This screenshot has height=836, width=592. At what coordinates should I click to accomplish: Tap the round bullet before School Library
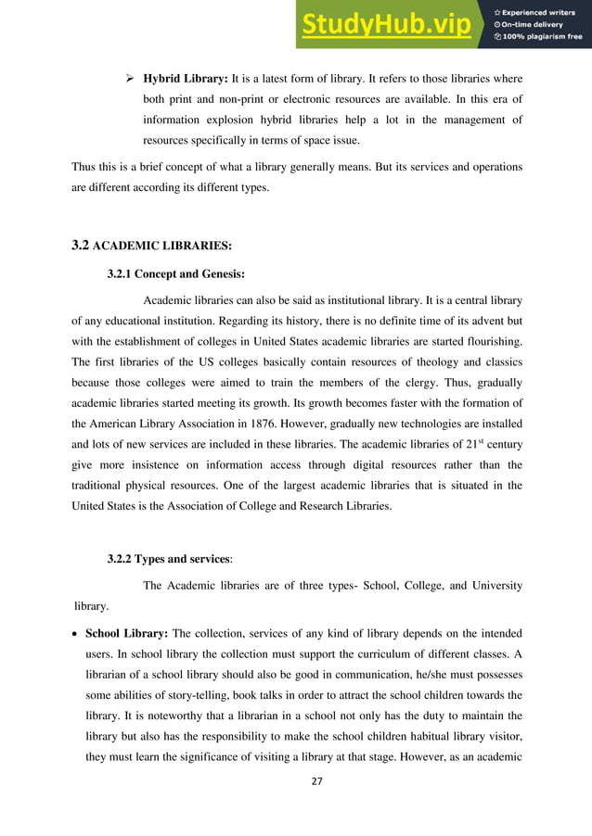(x=76, y=634)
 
